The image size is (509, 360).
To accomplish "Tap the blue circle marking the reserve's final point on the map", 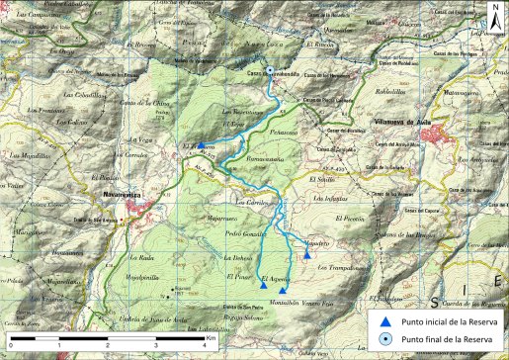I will [268, 70].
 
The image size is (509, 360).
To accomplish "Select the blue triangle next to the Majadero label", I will [307, 254].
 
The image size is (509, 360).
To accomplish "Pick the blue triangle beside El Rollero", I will [202, 145].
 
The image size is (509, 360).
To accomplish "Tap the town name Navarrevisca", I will [124, 195].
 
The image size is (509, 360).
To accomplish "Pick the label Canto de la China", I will [139, 102].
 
